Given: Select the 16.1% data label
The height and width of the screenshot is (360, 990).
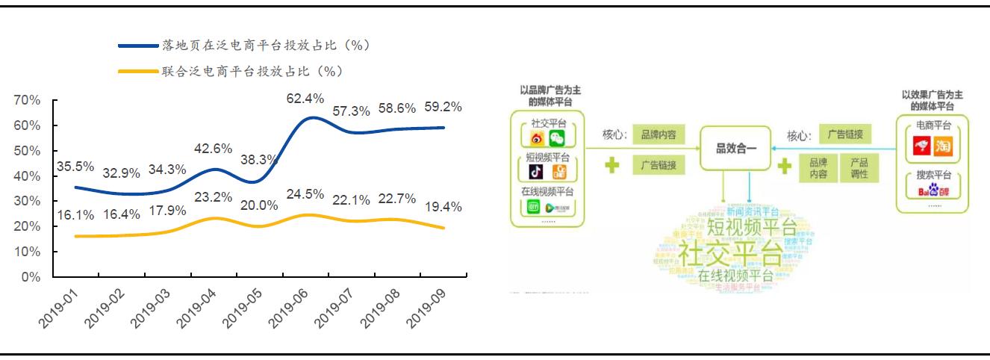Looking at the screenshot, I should tap(75, 215).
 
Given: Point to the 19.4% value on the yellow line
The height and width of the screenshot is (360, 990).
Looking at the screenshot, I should tap(443, 207).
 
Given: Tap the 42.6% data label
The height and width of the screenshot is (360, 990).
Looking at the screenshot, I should tap(213, 149).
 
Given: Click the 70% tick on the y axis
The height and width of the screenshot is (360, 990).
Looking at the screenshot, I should tap(27, 101).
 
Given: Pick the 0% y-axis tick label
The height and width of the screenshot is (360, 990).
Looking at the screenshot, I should tap(31, 277).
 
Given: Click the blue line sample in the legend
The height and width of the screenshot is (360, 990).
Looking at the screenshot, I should tap(139, 46).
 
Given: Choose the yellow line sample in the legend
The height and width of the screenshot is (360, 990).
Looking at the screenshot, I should tap(139, 72).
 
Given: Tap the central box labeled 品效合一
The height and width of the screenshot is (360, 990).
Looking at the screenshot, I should tap(736, 149).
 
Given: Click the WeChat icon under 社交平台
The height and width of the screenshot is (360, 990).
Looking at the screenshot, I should tap(557, 138).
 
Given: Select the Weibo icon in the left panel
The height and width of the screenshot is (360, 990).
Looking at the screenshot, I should tap(537, 138).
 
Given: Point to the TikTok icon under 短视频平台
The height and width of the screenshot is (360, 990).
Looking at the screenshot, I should tap(536, 173).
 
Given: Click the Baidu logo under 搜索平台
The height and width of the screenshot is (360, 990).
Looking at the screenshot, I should tap(933, 192).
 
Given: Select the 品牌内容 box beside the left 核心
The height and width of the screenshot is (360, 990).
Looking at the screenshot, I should tap(659, 135).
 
